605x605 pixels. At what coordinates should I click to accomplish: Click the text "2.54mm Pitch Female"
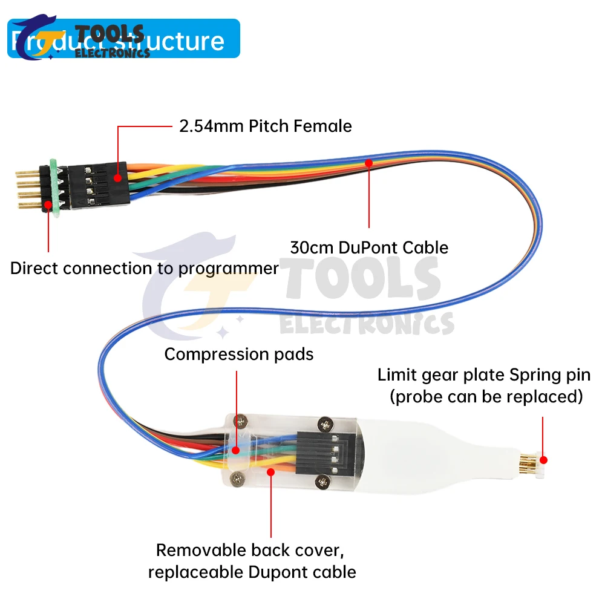(x=265, y=126)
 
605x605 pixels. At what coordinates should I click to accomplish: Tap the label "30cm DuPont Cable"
(x=369, y=247)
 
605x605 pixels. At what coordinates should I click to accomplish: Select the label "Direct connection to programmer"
(x=144, y=268)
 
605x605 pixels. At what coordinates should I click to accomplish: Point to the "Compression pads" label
(x=239, y=354)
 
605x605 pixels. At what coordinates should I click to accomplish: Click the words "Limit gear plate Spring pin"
(x=484, y=374)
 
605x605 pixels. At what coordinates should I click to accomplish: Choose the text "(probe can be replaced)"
(x=486, y=397)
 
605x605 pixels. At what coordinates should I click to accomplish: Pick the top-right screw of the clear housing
(x=327, y=423)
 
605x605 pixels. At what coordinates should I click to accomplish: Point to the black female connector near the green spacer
(x=97, y=185)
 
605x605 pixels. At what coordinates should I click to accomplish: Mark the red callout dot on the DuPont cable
(x=368, y=162)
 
